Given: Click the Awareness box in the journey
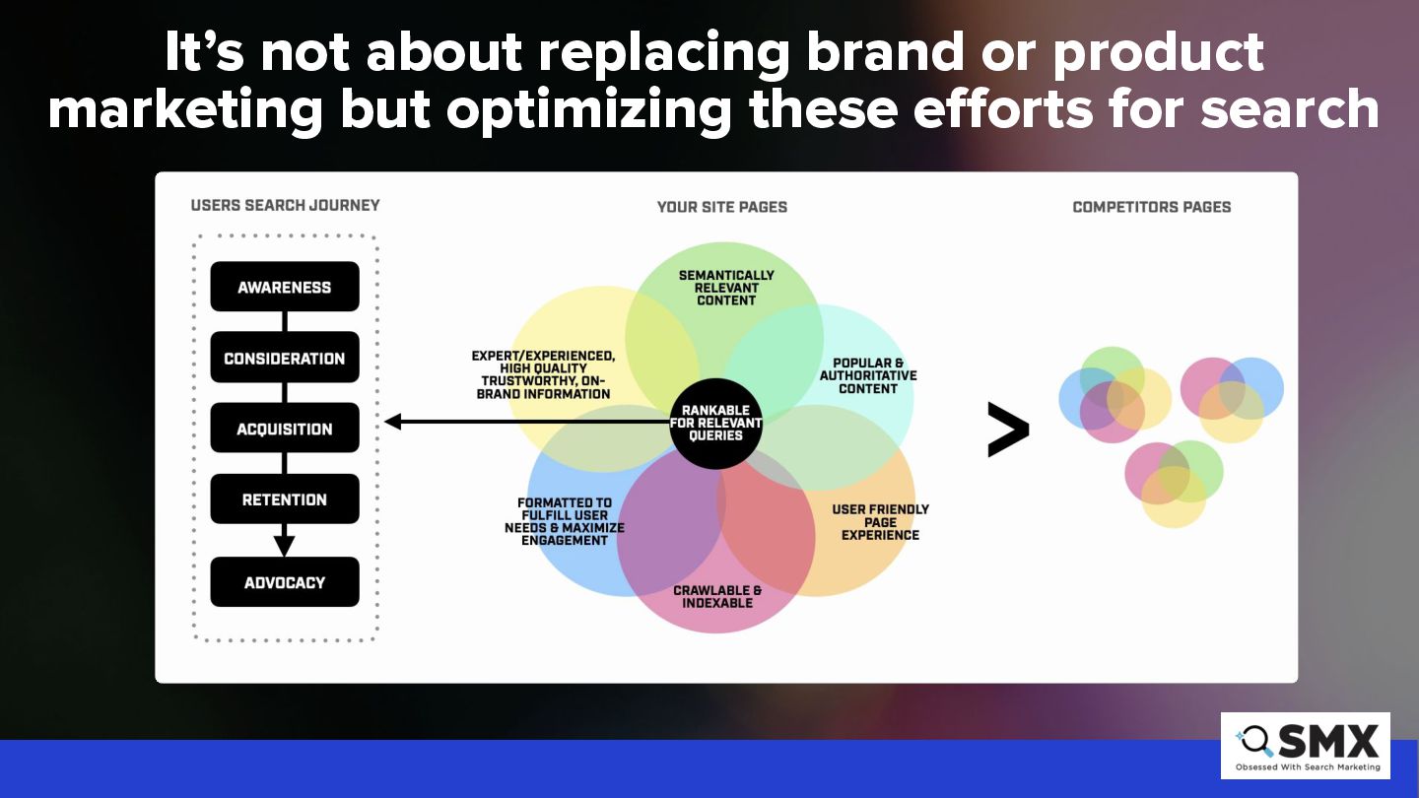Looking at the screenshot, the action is (285, 287).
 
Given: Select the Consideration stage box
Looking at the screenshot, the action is (285, 358).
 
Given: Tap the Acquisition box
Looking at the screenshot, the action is (285, 428).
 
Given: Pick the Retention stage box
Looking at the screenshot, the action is (285, 499).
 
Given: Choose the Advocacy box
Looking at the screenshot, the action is (285, 581).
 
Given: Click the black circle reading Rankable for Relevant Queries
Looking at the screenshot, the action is (715, 423).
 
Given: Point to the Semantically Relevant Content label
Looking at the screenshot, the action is (726, 288).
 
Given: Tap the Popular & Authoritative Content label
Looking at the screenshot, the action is (868, 375).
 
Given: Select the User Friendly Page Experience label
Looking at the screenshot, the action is (880, 522).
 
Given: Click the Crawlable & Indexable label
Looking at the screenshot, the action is (717, 596).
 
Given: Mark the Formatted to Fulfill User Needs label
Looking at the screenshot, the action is (565, 521).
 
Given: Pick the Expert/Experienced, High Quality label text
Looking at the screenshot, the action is (543, 374).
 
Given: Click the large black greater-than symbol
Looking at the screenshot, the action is (1008, 430).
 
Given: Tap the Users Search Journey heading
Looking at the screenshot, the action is (285, 205).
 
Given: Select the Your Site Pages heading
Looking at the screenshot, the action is (722, 207).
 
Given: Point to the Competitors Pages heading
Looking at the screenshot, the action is (1152, 207).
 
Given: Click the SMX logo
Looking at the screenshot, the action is (1306, 746).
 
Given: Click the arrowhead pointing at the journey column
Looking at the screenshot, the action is (393, 422).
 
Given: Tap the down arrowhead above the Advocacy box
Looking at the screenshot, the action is (285, 546).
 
